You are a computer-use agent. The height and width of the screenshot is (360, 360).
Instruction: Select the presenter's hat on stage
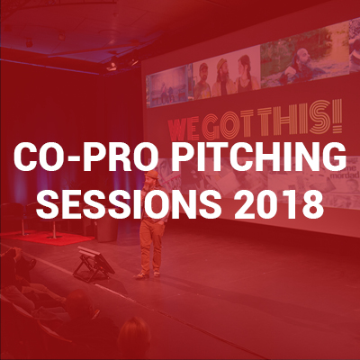click(x=152, y=175)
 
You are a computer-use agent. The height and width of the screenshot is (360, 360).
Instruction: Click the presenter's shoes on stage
click(x=148, y=274)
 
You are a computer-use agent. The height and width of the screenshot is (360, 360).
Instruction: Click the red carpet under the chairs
click(x=48, y=238)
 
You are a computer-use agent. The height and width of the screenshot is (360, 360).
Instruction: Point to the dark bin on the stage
click(x=107, y=229)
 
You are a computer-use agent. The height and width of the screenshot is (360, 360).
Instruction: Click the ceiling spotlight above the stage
click(x=112, y=65)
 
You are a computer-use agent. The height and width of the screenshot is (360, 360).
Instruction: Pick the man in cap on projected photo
click(x=202, y=80)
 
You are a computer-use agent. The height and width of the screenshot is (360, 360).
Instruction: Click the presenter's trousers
click(x=152, y=245)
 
